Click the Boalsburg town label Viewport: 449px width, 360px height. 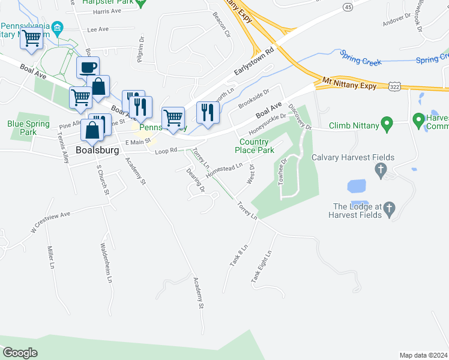[x=98, y=150]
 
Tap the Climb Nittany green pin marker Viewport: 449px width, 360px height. [x=388, y=125]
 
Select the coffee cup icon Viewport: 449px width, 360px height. [x=88, y=67]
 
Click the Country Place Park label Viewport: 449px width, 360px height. [x=254, y=145]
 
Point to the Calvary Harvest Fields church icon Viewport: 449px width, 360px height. [x=380, y=171]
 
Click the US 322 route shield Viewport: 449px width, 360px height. [x=394, y=88]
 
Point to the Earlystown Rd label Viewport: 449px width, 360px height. [x=254, y=63]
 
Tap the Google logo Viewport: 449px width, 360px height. [x=20, y=353]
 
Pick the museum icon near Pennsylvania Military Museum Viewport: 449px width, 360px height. [x=58, y=28]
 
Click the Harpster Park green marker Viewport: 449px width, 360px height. [x=141, y=3]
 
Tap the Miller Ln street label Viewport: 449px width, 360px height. [x=50, y=257]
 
